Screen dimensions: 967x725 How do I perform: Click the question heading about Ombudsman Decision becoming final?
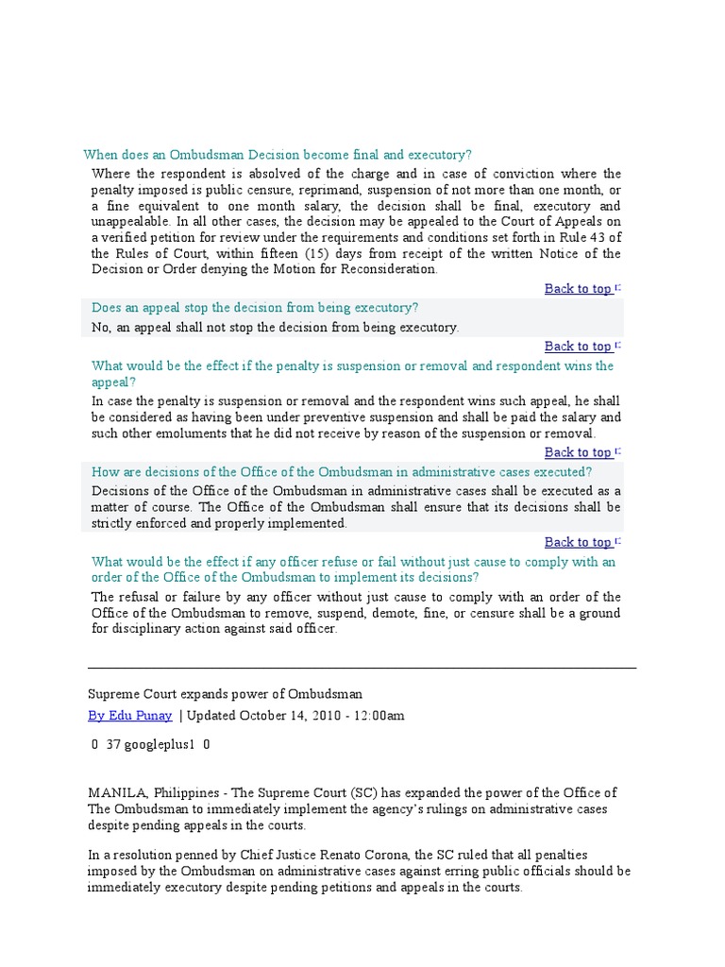point(277,154)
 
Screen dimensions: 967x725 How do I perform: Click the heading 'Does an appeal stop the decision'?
point(255,308)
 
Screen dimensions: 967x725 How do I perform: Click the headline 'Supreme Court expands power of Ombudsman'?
point(225,694)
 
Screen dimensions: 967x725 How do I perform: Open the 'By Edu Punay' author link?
point(130,716)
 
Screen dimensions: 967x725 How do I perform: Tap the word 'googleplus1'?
point(160,744)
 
